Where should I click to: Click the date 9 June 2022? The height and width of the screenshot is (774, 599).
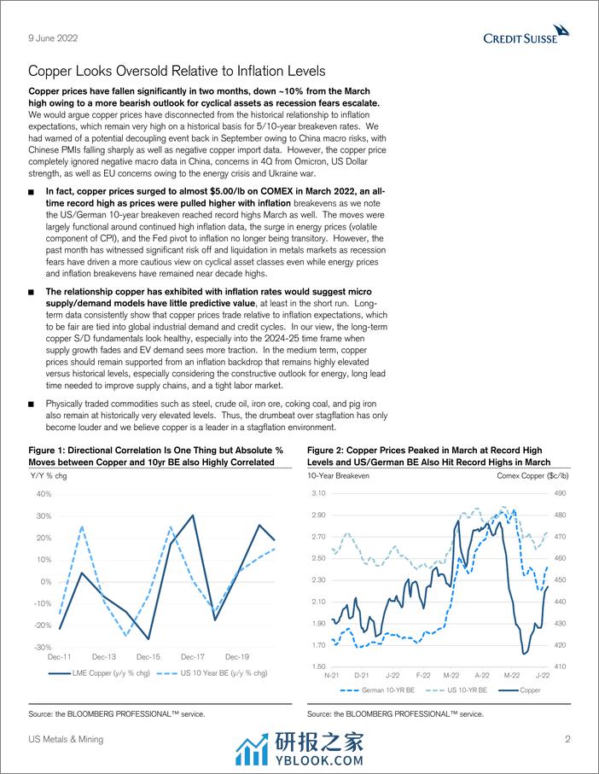[x=49, y=36]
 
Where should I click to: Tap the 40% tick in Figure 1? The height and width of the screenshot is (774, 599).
[x=44, y=494]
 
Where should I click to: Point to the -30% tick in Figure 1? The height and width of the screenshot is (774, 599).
[x=42, y=647]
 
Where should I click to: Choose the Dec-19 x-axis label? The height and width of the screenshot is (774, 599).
[x=236, y=657]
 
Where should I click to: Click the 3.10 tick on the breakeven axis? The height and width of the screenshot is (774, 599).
[x=319, y=494]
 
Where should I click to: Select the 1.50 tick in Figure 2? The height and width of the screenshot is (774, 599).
[x=319, y=666]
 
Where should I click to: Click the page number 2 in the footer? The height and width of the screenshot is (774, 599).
[x=567, y=739]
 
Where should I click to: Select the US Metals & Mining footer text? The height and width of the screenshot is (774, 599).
[x=66, y=739]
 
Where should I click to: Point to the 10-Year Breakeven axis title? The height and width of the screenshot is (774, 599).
[x=338, y=475]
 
